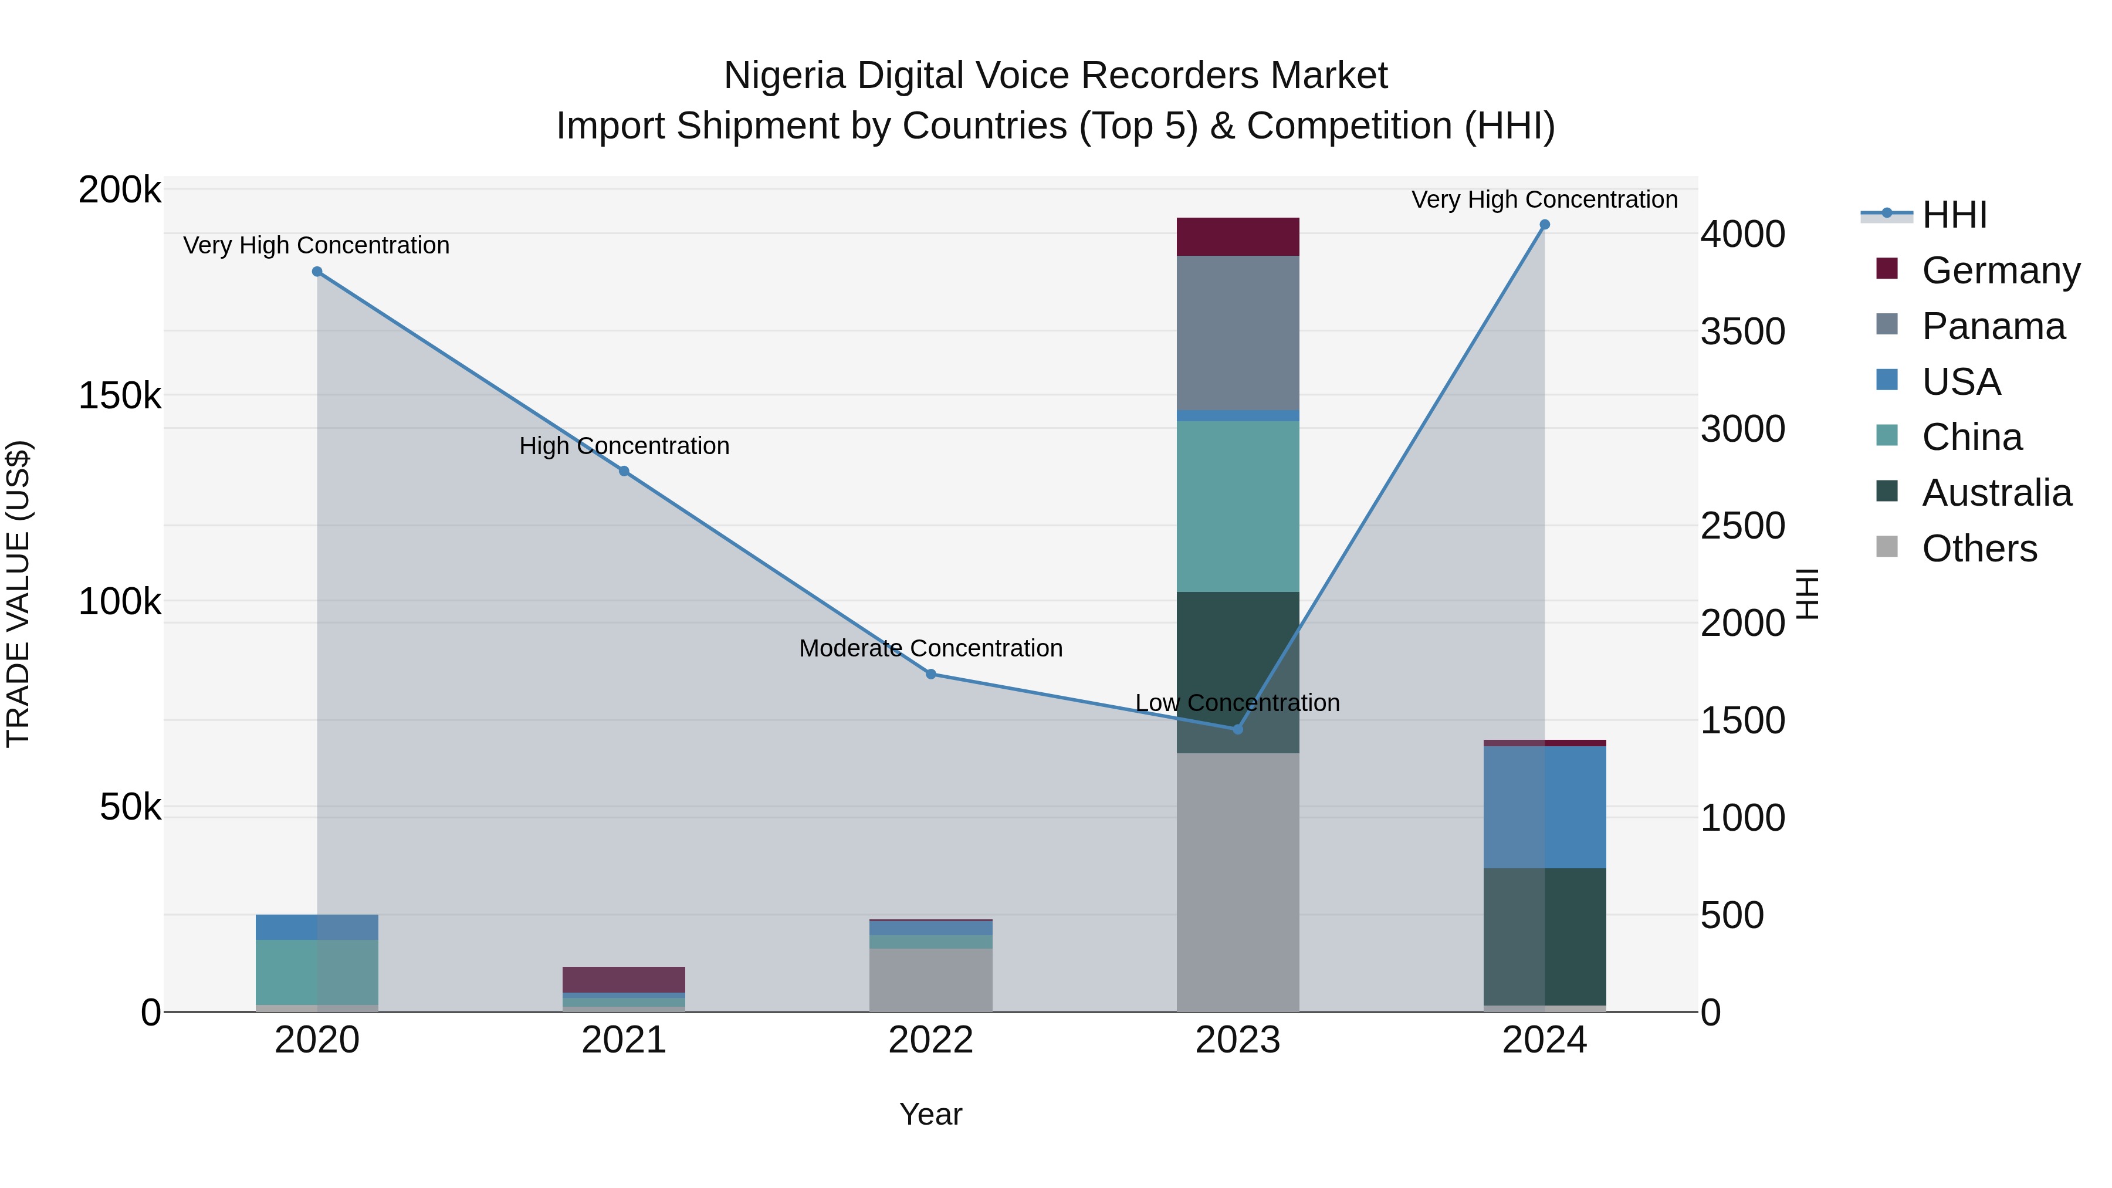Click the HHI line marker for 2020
317,272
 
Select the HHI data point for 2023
1238,729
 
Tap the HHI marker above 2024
1545,225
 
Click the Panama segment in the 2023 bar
1238,332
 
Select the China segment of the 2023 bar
1238,506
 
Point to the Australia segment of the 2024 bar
1545,936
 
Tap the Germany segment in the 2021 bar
624,979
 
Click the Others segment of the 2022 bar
930,980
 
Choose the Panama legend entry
1992,326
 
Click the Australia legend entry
1996,493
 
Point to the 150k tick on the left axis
120,396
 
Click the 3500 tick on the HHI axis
1742,332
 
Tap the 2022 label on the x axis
930,1040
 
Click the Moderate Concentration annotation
930,648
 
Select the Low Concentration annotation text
1237,703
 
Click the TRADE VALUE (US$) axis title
19,594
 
